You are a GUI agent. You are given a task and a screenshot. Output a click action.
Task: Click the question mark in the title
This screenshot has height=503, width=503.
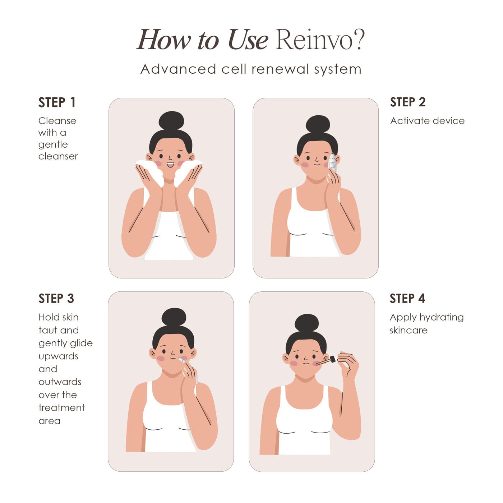click(358, 40)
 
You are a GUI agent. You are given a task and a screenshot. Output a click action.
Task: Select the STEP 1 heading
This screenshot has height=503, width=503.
click(57, 102)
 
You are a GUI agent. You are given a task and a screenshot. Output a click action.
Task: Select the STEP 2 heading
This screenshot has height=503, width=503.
click(408, 102)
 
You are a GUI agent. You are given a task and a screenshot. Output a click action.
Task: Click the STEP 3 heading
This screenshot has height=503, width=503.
click(56, 299)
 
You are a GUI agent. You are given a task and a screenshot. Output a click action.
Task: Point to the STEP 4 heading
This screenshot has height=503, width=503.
click(407, 299)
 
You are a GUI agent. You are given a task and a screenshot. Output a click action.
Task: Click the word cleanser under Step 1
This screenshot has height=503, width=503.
click(58, 156)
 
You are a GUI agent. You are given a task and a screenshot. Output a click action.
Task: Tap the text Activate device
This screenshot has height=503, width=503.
click(427, 121)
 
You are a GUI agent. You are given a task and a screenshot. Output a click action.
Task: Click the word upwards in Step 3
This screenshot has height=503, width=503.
click(58, 356)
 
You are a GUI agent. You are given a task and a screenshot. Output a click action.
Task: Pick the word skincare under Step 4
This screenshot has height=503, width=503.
click(408, 330)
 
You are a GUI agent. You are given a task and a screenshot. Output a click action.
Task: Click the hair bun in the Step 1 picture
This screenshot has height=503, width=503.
click(171, 121)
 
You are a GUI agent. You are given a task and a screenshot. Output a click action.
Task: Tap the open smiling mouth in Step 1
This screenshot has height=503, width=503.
click(170, 165)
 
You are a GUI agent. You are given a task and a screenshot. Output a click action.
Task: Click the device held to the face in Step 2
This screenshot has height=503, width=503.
click(332, 162)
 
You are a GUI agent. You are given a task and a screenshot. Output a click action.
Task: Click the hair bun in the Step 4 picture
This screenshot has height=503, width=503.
click(306, 323)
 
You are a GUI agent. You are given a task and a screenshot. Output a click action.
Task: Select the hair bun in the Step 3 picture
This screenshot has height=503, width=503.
click(174, 317)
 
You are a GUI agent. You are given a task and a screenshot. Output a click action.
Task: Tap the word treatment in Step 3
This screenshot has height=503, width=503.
click(61, 408)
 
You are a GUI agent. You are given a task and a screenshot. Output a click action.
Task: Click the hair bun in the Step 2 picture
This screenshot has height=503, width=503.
click(318, 124)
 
